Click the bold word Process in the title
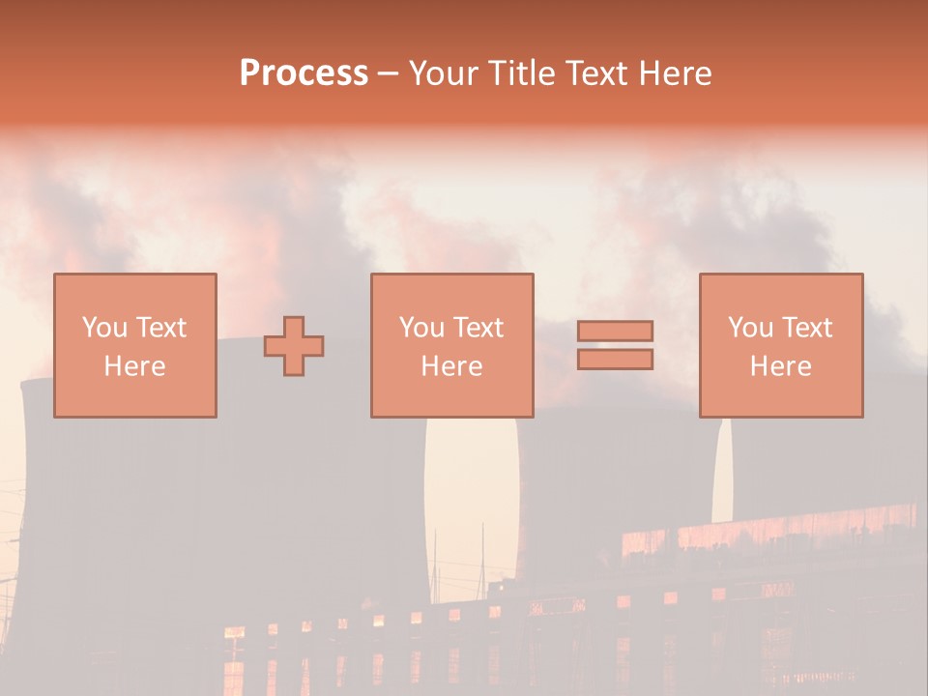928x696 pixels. coord(304,73)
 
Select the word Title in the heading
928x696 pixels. coord(519,73)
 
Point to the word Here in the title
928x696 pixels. coord(677,73)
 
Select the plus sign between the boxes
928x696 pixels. coord(294,346)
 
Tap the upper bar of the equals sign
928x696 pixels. coord(615,331)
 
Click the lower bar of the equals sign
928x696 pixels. coord(615,360)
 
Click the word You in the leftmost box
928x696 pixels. coord(104,328)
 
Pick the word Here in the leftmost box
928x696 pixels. coord(134,366)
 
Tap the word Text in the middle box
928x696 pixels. coord(478,328)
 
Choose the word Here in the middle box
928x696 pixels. coord(451,366)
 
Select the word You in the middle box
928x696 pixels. coord(421,328)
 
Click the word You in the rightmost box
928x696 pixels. coord(750,328)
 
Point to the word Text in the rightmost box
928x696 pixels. coord(806,328)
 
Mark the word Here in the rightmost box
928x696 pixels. coord(780,366)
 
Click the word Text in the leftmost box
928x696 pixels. coord(160,328)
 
